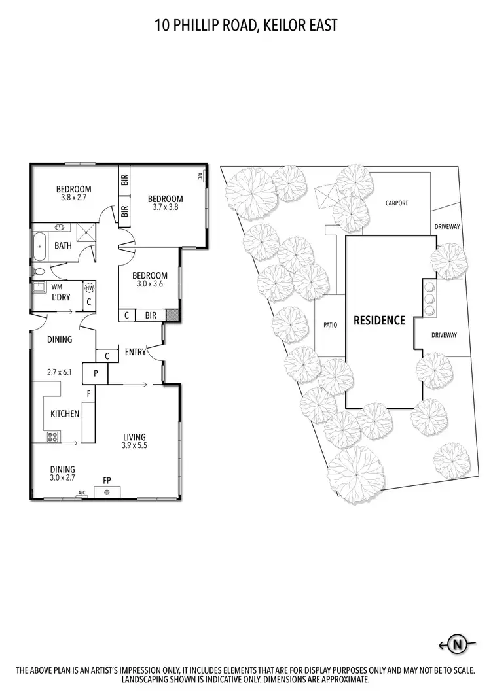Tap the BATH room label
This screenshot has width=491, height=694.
point(64,246)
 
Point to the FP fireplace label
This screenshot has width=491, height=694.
point(107,481)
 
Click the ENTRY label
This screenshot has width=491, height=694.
point(136,353)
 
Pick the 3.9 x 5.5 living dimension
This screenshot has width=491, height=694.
point(134,447)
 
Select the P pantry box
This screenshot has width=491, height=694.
point(96,373)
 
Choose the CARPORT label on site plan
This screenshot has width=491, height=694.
point(396,203)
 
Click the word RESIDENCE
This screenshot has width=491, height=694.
point(379,321)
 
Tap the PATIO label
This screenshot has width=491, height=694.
point(330,324)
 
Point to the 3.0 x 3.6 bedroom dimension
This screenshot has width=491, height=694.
point(149,285)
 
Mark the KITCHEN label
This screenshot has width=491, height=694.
point(65,413)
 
